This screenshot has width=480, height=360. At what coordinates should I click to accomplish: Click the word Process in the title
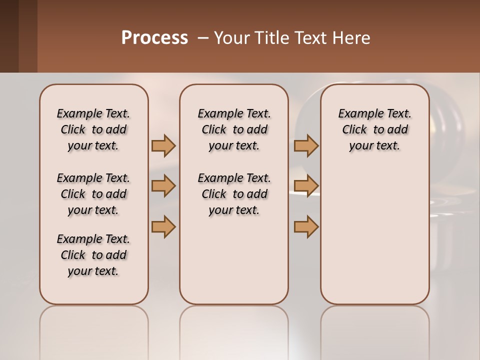click(154, 37)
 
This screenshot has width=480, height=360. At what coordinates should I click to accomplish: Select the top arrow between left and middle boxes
click(163, 145)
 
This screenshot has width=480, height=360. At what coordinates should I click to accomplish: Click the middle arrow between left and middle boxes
click(163, 186)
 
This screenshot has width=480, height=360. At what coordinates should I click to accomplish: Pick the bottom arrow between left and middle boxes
click(163, 226)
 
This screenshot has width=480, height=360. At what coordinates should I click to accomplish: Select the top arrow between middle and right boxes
click(306, 145)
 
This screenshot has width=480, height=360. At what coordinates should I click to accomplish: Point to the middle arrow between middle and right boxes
click(306, 186)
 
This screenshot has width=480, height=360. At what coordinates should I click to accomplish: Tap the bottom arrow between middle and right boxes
click(306, 226)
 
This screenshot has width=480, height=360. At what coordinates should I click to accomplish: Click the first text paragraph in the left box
click(93, 129)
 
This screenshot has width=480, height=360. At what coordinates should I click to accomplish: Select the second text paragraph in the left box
click(93, 194)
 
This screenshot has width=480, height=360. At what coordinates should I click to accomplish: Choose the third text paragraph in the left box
click(93, 255)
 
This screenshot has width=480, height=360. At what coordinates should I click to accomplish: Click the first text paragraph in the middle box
click(234, 129)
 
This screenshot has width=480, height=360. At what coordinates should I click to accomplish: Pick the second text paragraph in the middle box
click(234, 194)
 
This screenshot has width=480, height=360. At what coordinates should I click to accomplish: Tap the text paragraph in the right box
click(374, 129)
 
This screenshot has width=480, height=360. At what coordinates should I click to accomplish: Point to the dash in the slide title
click(203, 38)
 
